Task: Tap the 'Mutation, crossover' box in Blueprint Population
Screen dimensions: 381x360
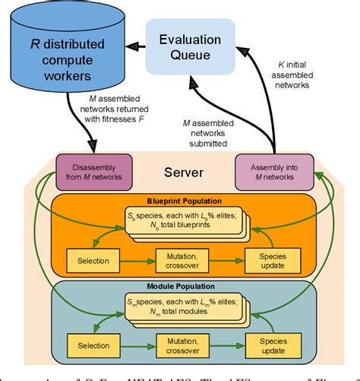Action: coord(181,260)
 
